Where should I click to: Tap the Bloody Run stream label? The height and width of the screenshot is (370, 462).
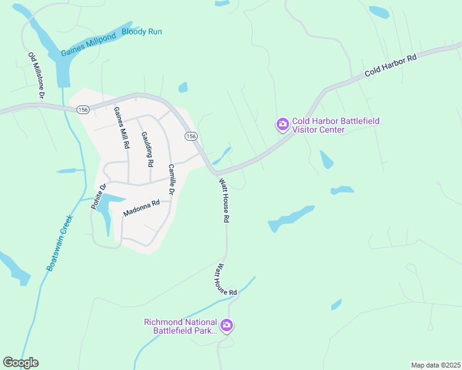click(141, 31)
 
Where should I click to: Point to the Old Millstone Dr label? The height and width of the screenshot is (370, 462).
click(36, 75)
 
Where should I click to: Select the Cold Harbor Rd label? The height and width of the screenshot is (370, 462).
click(390, 65)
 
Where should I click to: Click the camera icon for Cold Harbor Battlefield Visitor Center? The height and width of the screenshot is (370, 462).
click(282, 125)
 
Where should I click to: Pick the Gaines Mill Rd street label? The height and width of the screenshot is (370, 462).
click(122, 128)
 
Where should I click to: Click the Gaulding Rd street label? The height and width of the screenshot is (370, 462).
click(146, 149)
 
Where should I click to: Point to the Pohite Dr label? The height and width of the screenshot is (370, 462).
click(99, 196)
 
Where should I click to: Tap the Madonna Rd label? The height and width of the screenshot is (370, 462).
click(141, 207)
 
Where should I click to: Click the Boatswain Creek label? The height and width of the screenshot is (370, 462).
click(59, 242)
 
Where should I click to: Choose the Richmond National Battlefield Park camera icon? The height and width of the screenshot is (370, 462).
click(227, 325)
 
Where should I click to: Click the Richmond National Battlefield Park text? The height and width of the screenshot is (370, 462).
click(180, 326)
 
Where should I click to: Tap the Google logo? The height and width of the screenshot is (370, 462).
click(20, 363)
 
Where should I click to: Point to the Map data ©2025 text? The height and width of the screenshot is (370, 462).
click(435, 365)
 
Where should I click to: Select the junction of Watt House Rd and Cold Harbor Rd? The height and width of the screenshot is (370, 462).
click(217, 174)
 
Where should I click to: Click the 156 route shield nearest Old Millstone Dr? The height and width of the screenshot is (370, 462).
click(83, 109)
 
